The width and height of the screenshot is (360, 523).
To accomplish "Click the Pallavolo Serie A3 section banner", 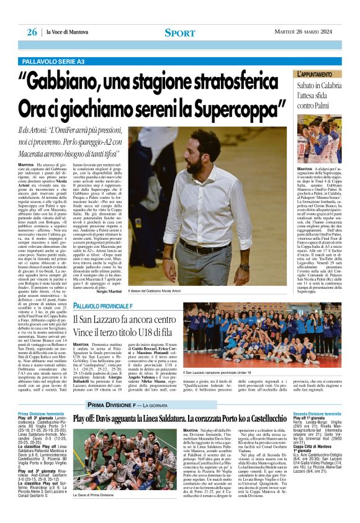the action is pyautogui.click(x=53, y=61).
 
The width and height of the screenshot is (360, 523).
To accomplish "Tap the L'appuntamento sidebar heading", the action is pyautogui.click(x=319, y=74).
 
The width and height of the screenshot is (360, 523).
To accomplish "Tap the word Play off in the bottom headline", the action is pyautogui.click(x=87, y=420).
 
